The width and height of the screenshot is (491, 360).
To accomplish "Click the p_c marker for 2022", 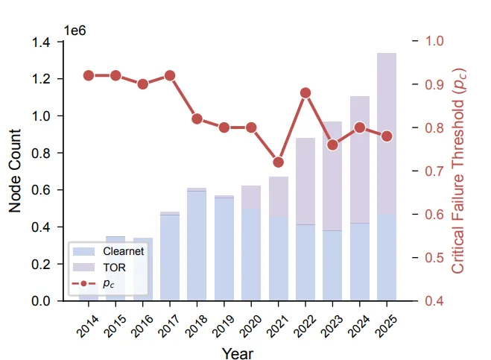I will [305, 93].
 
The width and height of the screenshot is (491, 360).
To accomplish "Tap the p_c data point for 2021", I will [279, 162].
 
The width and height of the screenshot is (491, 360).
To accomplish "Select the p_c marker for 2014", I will [89, 75].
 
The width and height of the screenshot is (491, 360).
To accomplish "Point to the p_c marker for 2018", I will [197, 119].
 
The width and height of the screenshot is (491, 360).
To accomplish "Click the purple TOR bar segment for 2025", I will [387, 134].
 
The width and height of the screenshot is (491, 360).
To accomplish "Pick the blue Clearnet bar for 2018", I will [197, 246].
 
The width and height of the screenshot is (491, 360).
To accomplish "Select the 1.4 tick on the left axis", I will [42, 42].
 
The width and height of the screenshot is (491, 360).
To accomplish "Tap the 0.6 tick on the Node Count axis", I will [42, 190].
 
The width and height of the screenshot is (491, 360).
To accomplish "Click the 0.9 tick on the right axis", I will [433, 85].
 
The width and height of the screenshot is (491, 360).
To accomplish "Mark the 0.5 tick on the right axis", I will [433, 258].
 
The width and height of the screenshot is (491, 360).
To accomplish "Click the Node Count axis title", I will [16, 171].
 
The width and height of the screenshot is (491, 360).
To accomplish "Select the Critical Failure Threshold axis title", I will [460, 171].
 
